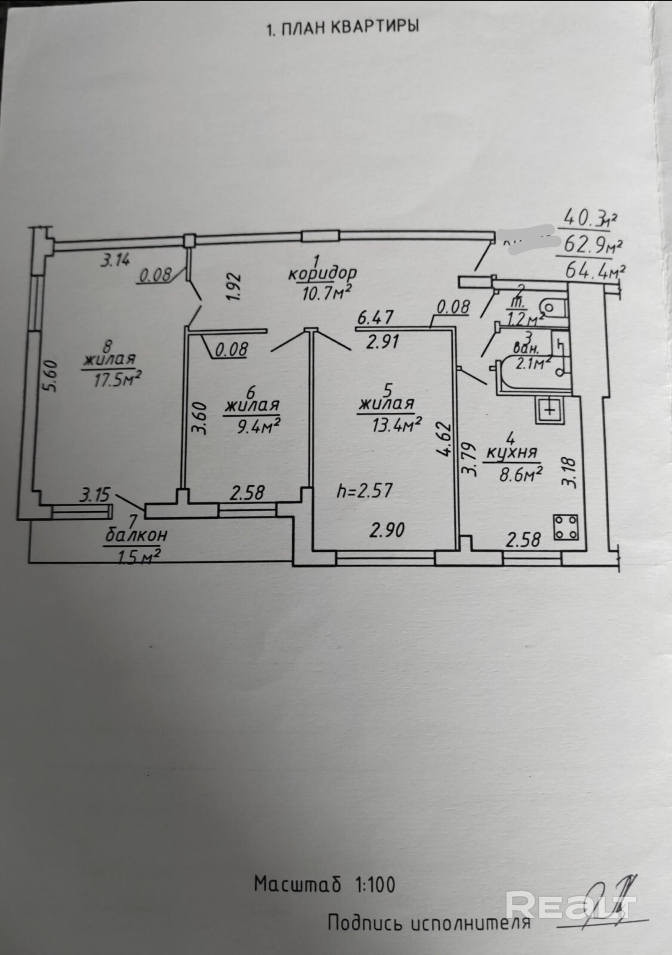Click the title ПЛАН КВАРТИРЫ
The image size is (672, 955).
click(342, 27)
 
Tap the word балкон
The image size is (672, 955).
click(136, 535)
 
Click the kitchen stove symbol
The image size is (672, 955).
click(564, 527)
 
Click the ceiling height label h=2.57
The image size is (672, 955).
click(364, 491)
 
